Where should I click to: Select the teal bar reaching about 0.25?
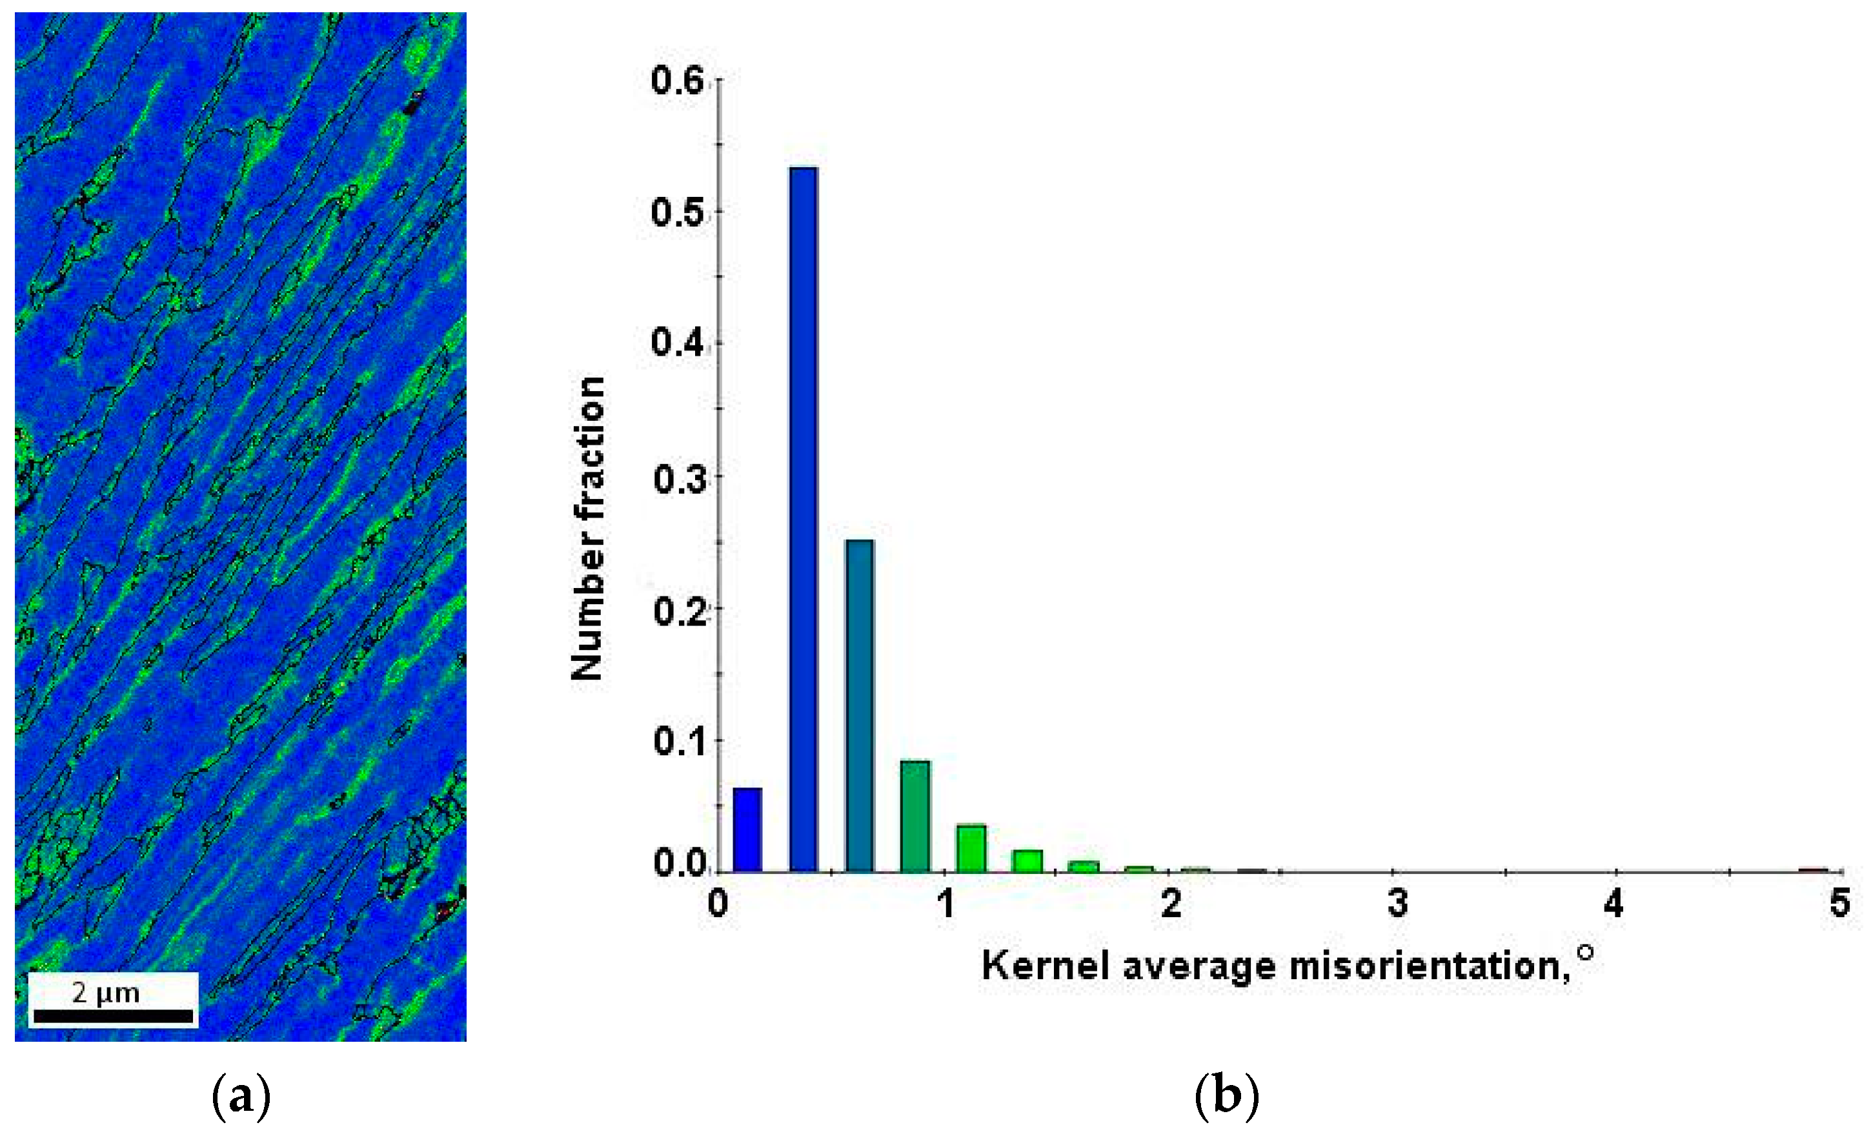tap(860, 705)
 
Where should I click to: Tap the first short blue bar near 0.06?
tap(747, 830)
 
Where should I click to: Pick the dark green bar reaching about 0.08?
tap(915, 816)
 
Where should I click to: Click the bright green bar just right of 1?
tap(971, 848)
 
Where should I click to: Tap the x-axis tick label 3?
tap(1397, 904)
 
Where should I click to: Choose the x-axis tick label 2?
tap(1171, 904)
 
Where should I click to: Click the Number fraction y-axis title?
tap(589, 529)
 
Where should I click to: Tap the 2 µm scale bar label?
tap(106, 993)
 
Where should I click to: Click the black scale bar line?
tap(113, 1016)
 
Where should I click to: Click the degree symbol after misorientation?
tap(1584, 952)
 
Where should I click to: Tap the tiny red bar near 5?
tap(1814, 869)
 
